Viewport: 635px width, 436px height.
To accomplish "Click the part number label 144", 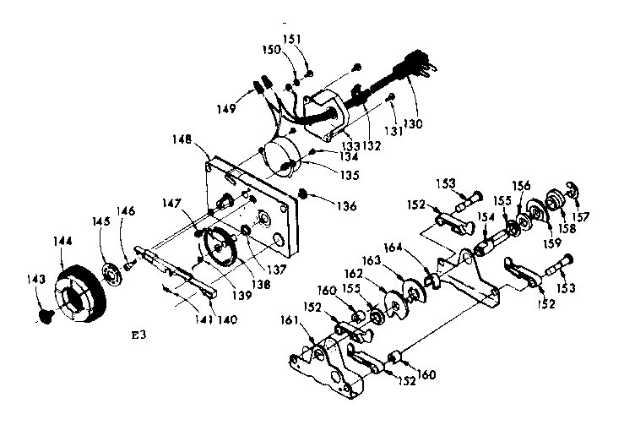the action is [62, 242].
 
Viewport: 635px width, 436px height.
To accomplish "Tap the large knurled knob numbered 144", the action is [80, 293].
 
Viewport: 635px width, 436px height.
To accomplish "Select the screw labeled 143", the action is [46, 317].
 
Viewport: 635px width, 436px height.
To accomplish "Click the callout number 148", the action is [182, 139].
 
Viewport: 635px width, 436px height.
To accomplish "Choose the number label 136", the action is [347, 206].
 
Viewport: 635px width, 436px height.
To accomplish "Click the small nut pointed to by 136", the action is [302, 193].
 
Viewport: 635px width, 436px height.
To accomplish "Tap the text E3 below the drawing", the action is [138, 335].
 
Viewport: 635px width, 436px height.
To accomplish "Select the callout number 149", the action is [225, 109].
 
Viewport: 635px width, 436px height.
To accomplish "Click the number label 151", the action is [291, 39].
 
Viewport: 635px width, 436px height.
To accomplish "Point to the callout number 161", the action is [289, 320].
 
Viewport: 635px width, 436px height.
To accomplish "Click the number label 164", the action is [393, 248].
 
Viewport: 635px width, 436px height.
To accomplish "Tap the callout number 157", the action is [580, 217].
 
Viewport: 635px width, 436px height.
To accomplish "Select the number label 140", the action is [227, 319].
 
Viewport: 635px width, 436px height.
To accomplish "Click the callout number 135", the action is [349, 175].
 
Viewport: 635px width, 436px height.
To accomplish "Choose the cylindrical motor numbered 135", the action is [282, 157].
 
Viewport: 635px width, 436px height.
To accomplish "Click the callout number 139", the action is [242, 295].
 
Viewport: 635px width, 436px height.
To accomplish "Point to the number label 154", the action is [486, 217].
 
